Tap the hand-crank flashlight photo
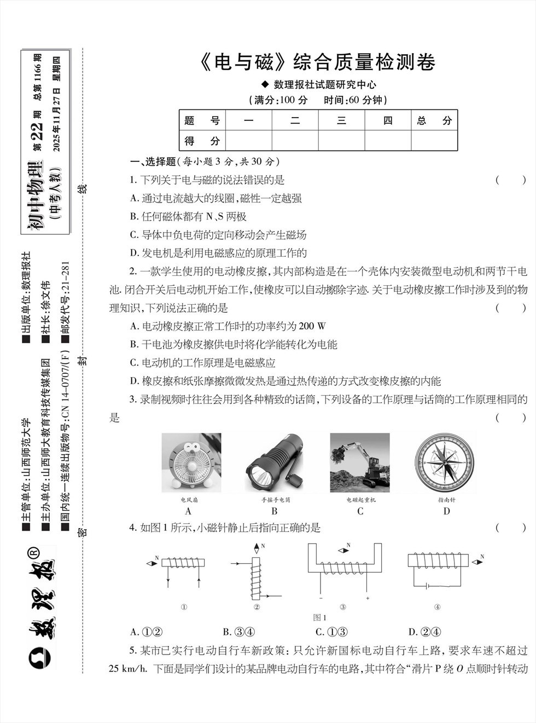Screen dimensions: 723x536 click(x=275, y=462)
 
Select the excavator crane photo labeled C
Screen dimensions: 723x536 click(x=360, y=462)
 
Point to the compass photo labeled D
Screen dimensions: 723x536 click(x=446, y=462)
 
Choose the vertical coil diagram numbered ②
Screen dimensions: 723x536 click(x=256, y=572)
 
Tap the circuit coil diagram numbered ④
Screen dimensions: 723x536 click(x=438, y=569)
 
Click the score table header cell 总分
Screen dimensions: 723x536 click(x=434, y=120)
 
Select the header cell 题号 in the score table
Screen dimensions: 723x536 click(x=202, y=120)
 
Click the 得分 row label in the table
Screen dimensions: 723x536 click(x=202, y=141)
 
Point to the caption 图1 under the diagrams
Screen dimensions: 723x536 click(x=320, y=617)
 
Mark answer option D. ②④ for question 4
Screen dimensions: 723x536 click(x=425, y=632)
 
